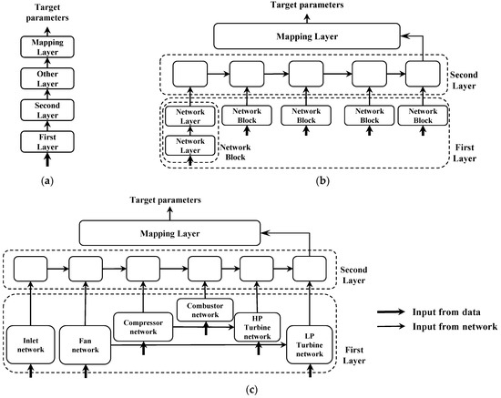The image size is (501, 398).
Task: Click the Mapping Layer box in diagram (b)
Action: pyautogui.click(x=307, y=36)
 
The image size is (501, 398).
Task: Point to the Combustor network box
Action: pyautogui.click(x=205, y=309)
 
